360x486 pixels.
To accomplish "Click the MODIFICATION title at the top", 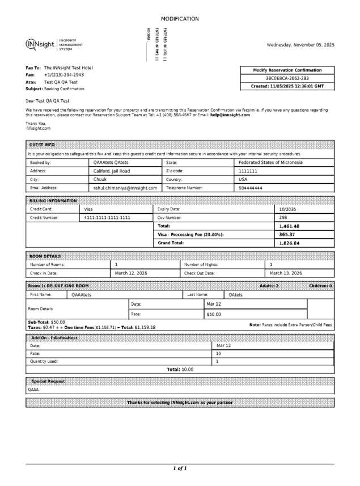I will coord(180,19).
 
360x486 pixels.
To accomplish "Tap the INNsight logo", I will coord(40,45).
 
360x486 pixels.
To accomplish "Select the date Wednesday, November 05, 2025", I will coord(300,45).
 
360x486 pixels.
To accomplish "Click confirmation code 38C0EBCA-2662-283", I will coord(287,78).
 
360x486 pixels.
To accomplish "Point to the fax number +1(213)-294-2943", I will coord(64,75).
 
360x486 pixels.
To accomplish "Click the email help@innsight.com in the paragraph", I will coord(230,115).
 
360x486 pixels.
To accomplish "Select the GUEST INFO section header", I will coord(42,145).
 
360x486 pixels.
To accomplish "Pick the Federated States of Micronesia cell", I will coord(270,162).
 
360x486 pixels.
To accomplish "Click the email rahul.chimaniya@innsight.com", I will coord(125,188).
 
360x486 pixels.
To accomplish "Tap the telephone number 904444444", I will coord(251,188).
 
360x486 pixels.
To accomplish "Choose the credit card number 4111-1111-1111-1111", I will coord(107,217).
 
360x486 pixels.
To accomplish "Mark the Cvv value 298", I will coord(283,217).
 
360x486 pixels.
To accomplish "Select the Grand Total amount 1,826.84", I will coord(289,243).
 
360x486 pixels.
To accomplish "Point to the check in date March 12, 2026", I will coord(131,273).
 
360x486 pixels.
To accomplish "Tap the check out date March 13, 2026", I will coord(286,273).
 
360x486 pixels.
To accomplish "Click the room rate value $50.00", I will coord(214,314).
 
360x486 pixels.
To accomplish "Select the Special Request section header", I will coord(48,381).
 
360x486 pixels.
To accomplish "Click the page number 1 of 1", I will coord(180,468).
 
